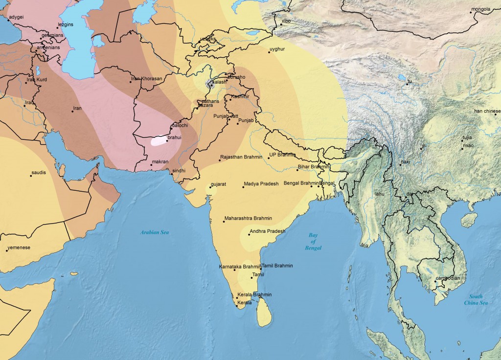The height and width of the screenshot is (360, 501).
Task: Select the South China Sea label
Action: (476, 299)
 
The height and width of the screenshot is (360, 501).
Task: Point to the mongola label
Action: (480, 9)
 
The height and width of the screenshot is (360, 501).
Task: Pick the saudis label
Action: (39, 173)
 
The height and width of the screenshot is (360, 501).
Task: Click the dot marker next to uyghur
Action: (269, 52)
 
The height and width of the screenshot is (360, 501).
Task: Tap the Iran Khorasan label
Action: (146, 78)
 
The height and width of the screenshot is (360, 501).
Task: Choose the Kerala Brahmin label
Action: (254, 294)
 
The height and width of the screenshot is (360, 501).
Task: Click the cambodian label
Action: (448, 278)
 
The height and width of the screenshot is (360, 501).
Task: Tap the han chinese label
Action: (487, 111)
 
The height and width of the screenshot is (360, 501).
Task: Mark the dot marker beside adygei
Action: (8, 21)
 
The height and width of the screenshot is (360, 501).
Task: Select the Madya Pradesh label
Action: (261, 183)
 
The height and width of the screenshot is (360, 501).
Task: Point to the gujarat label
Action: (218, 184)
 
